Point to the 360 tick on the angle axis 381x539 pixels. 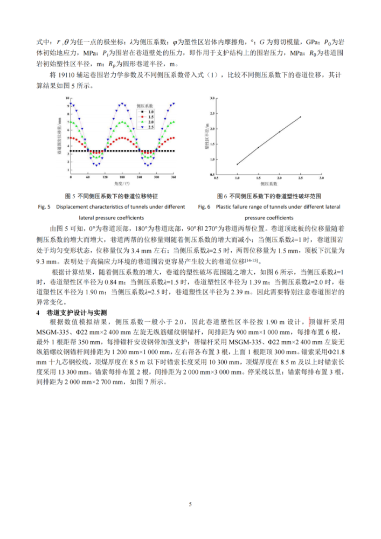(174, 177)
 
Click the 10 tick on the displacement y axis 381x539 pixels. (67, 99)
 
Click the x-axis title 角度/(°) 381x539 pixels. (123, 183)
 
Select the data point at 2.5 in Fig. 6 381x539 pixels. (300, 117)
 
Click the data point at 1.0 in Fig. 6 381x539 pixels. (237, 164)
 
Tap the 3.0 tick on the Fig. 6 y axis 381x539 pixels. (212, 98)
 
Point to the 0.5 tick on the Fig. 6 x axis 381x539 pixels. (217, 177)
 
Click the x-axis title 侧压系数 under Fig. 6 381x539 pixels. (268, 183)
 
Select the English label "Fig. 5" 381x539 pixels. (44, 206)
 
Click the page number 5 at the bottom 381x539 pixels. (190, 504)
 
